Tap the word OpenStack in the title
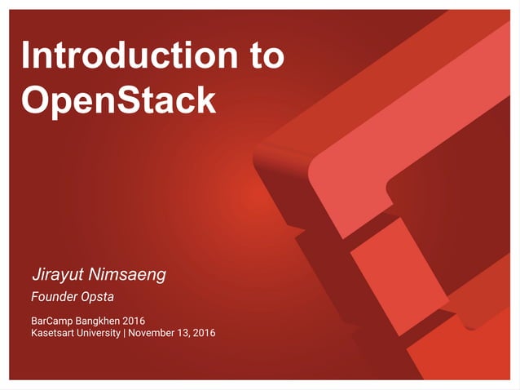coord(118,100)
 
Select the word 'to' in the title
coord(265,55)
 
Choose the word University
coord(104,332)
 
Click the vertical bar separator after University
coord(125,332)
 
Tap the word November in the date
coord(153,332)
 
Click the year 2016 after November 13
coord(205,332)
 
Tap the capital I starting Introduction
coord(26,55)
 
